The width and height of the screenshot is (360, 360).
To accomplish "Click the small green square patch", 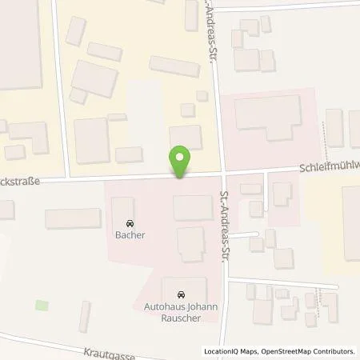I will [42, 305].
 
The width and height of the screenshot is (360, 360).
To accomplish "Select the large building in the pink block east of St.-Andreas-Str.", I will [267, 116].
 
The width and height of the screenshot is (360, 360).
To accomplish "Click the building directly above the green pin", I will [186, 137].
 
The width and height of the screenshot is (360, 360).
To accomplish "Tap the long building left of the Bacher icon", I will [74, 218].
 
